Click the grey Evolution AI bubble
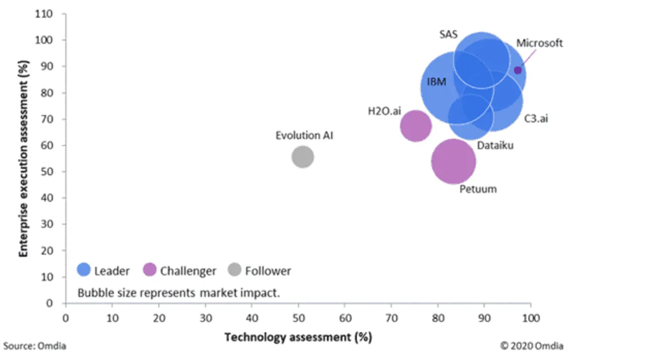pyautogui.click(x=302, y=157)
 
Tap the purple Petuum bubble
pyautogui.click(x=454, y=161)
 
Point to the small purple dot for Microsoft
pyautogui.click(x=518, y=70)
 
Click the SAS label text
pyautogui.click(x=448, y=35)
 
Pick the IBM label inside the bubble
pyautogui.click(x=436, y=82)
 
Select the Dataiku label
pyautogui.click(x=495, y=146)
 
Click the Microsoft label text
pyautogui.click(x=539, y=43)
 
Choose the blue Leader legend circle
pyautogui.click(x=84, y=270)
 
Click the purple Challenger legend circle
pyautogui.click(x=150, y=270)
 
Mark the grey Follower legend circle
pyautogui.click(x=235, y=270)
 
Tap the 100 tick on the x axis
pyautogui.click(x=531, y=318)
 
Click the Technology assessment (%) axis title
pyautogui.click(x=298, y=337)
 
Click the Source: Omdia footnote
pyautogui.click(x=34, y=346)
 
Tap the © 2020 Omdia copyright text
pyautogui.click(x=532, y=346)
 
